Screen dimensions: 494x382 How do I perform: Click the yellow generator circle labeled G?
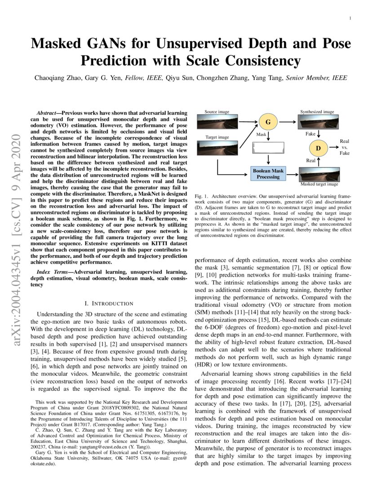268,121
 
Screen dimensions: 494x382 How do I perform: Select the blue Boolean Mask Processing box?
268,174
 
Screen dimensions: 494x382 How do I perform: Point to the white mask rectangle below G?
268,148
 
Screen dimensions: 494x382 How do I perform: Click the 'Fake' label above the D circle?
311,134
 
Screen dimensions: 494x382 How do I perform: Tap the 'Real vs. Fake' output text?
344,147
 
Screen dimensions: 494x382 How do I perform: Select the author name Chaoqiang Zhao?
57,78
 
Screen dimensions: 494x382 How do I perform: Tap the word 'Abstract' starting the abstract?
48,114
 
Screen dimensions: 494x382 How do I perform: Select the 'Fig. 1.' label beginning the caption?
201,197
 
